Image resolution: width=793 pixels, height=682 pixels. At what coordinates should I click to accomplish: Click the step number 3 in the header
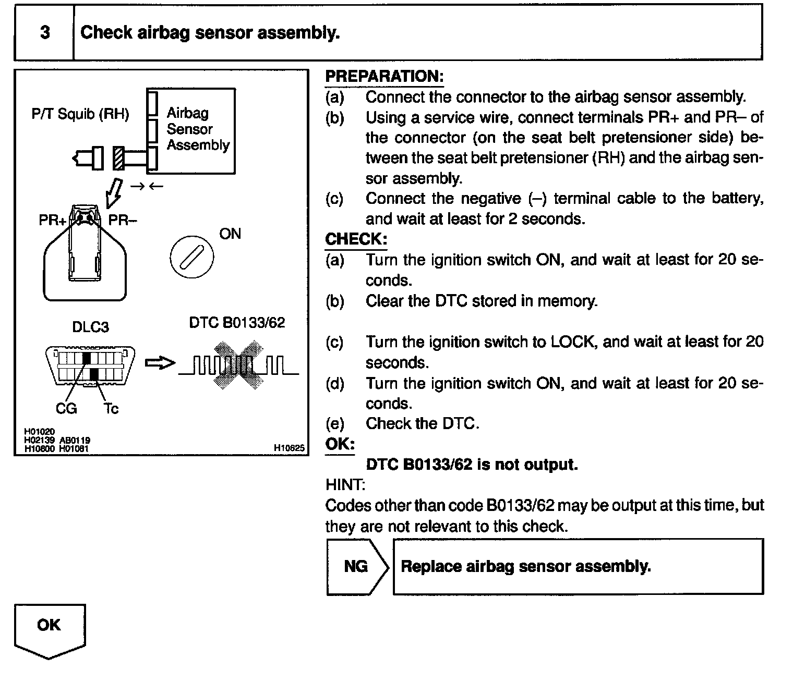45,32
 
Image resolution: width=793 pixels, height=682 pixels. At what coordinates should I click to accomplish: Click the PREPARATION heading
384,76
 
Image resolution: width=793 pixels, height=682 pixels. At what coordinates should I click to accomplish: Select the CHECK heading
356,239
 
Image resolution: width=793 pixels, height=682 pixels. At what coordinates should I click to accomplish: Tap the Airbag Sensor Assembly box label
197,129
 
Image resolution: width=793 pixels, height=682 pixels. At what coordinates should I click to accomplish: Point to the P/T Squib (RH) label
80,114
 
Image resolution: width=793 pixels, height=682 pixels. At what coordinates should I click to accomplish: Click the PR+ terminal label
52,220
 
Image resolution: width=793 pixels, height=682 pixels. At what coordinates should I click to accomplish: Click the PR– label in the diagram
122,220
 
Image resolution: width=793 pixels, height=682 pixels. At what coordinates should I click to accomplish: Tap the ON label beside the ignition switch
230,234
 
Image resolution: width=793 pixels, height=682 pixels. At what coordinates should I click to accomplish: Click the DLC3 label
91,327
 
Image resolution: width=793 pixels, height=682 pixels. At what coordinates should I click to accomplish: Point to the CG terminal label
66,408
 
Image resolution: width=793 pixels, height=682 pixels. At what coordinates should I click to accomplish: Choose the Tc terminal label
111,408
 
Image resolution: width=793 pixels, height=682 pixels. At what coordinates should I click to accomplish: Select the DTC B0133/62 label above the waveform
237,323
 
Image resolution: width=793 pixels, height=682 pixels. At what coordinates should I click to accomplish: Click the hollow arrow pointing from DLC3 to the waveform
159,363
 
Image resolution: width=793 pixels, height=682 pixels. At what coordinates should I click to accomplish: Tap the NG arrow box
357,566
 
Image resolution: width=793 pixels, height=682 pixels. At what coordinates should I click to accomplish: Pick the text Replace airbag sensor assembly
525,566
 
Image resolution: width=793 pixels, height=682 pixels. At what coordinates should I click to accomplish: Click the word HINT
345,485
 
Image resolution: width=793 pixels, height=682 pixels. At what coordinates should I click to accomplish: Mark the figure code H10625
289,448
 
